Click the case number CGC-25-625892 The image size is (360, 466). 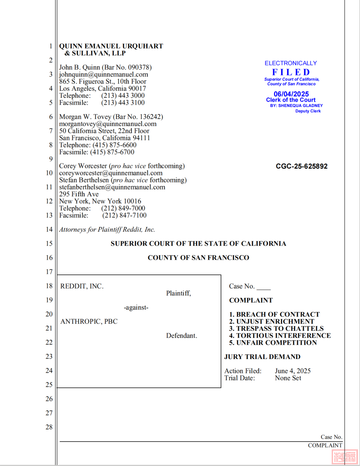click(301, 166)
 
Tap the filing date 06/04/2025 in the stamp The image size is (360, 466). click(291, 94)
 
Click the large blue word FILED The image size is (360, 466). click(291, 72)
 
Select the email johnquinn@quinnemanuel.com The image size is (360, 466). click(104, 74)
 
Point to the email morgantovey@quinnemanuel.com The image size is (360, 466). click(108, 124)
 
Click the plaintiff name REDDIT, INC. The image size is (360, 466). click(82, 286)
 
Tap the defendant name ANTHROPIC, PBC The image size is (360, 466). click(89, 321)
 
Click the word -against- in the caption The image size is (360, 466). click(136, 307)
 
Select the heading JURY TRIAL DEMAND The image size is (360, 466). click(262, 357)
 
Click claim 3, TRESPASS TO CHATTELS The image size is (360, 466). click(276, 328)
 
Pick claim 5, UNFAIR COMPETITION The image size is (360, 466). click(273, 343)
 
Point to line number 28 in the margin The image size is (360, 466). click(49, 427)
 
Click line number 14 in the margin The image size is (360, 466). click(49, 229)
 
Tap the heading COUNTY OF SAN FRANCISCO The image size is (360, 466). click(198, 258)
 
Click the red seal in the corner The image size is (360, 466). click(345, 456)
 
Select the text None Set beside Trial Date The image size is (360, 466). click(288, 378)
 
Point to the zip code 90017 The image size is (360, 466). click(137, 88)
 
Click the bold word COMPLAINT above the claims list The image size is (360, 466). click(251, 300)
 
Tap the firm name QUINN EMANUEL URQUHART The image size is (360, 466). click(111, 46)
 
